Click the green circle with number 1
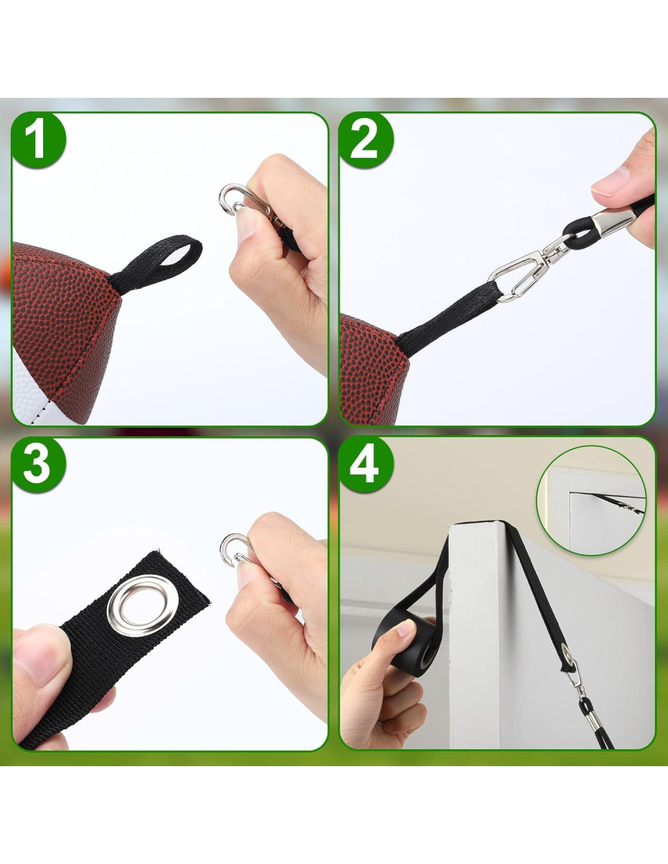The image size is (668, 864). tap(38, 140)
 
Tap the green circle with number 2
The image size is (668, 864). tap(366, 140)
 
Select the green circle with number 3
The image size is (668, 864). tap(38, 465)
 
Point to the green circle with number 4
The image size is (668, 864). tap(366, 465)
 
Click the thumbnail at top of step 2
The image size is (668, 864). tap(610, 181)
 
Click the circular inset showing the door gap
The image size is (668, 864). tap(591, 501)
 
